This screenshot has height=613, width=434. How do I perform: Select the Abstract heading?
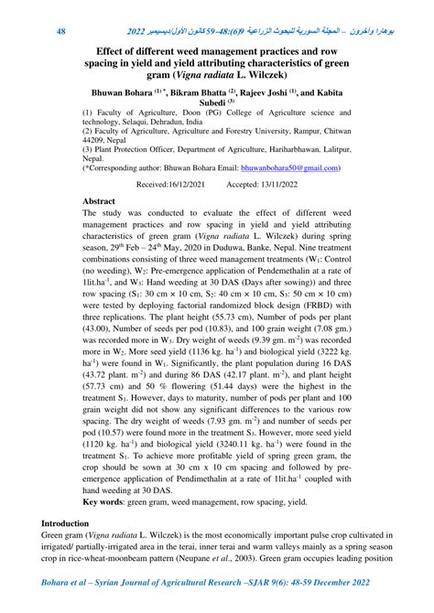coord(99,199)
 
